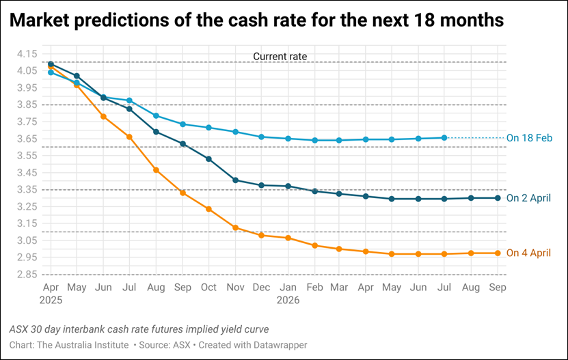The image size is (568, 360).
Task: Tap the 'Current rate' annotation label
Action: [x=280, y=56]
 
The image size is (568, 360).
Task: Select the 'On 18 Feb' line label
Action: [x=529, y=138]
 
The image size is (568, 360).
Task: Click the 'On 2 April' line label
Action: [x=528, y=199]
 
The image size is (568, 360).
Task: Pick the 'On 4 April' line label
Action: [x=528, y=253]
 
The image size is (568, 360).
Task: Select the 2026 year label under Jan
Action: [x=288, y=299]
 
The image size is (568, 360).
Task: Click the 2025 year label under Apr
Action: [x=51, y=299]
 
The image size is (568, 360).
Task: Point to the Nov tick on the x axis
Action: [x=235, y=288]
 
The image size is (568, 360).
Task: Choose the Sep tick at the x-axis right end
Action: [x=498, y=288]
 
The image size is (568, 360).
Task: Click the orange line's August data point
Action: [x=156, y=170]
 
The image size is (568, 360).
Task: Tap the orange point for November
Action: [x=235, y=227]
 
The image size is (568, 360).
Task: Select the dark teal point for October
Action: [x=208, y=158]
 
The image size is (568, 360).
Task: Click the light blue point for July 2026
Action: [x=445, y=137]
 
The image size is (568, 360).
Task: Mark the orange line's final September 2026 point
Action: [x=498, y=253]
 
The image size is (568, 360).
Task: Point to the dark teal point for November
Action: [x=235, y=180]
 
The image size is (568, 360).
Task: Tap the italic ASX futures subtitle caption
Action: [x=139, y=329]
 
